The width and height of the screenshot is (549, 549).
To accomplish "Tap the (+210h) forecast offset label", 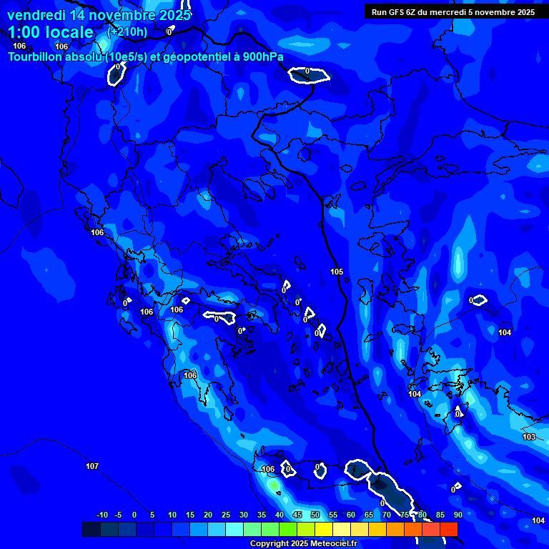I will point(127,31).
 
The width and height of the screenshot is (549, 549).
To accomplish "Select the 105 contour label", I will point(337,272).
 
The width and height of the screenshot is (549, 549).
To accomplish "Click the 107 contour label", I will point(92,466).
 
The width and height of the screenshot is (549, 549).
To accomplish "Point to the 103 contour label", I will point(529,437).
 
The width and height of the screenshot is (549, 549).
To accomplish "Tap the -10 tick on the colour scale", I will point(102,515).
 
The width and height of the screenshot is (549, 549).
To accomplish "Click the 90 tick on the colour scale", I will point(457,515).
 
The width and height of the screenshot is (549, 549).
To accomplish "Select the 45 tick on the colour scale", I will point(297,515).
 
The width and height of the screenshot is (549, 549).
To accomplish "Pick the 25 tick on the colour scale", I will point(226,515).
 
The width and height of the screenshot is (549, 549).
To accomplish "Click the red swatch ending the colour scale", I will point(448,529).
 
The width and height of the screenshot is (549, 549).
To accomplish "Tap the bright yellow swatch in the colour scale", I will point(323,529).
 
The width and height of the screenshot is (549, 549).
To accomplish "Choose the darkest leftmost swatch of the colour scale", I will point(91,529).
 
